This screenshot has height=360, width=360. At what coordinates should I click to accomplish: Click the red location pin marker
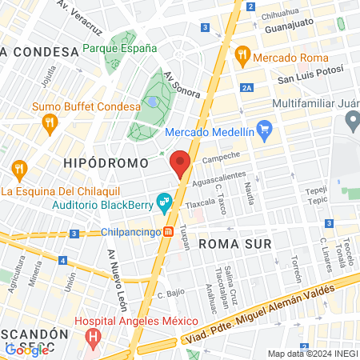180,163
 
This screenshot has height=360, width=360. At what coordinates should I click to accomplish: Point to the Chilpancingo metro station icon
170,233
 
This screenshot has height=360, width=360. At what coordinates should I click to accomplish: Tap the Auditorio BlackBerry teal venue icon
164,203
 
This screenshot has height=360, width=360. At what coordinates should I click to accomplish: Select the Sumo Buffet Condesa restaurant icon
50,122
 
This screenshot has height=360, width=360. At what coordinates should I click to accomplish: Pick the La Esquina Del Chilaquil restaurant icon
20,170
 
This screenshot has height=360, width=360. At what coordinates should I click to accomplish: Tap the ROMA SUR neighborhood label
235,242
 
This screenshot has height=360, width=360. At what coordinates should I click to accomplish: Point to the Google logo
26,350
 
